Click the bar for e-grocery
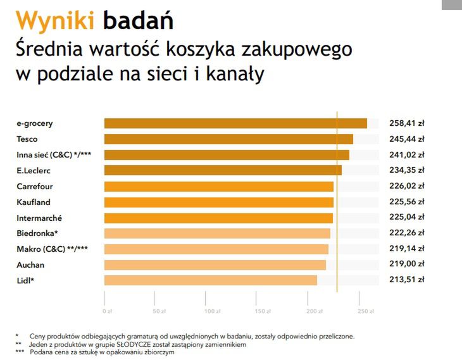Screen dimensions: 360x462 [235, 123]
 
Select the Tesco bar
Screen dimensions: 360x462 [228, 139]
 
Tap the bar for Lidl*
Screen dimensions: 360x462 [210, 280]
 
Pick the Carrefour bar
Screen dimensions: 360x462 [218, 187]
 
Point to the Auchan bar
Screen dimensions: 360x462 [215, 264]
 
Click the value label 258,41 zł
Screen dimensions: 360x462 [406, 123]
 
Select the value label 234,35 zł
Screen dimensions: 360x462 [406, 170]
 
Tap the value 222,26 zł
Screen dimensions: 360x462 [406, 233]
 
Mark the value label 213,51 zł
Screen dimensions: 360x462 [406, 280]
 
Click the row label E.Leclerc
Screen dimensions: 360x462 [34, 170]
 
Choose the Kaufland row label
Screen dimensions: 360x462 [34, 202]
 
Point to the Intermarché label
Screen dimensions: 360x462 [39, 218]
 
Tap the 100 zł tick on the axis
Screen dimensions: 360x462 [210, 311]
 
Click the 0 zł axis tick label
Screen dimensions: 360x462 [107, 311]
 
